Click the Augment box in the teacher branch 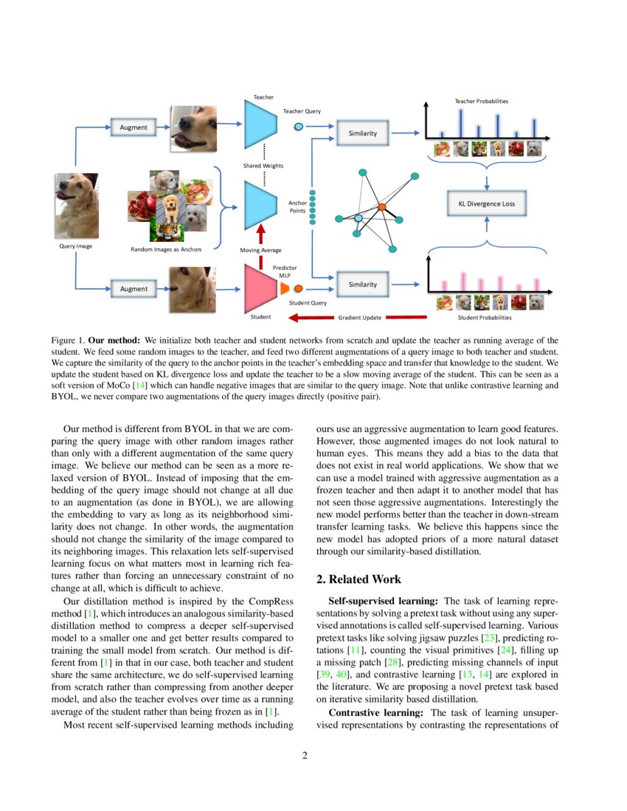tap(134, 127)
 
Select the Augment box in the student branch tap(134, 288)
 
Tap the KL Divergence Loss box tap(486, 203)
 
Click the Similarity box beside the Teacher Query tap(362, 133)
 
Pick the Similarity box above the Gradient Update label tap(362, 284)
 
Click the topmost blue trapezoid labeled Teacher tap(259, 126)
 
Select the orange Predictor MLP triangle tap(285, 288)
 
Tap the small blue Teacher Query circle tap(299, 127)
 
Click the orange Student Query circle tap(299, 288)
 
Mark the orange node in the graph tap(382, 207)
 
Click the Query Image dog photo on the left tap(76, 206)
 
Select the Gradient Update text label tap(359, 318)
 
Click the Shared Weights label tap(263, 166)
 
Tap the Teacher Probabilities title tap(481, 101)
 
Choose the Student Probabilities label tap(484, 318)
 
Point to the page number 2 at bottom tap(304, 756)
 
